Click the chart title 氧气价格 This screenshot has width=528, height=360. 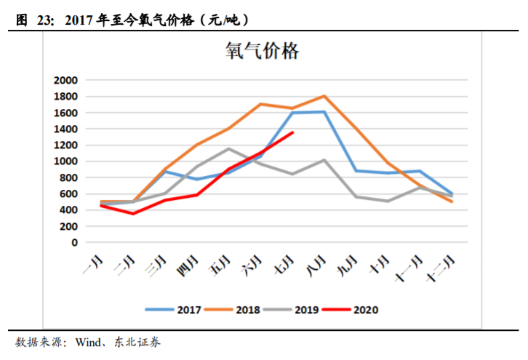tap(263, 52)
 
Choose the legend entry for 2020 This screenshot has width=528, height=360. tap(351, 309)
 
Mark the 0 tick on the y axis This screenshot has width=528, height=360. tap(74, 242)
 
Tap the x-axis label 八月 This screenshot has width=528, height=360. tap(316, 263)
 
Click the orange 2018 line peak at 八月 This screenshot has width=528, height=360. tap(324, 96)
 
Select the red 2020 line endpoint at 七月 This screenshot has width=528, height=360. tap(292, 132)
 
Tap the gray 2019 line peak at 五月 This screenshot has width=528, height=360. tap(228, 149)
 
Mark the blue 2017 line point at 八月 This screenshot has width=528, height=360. tap(324, 112)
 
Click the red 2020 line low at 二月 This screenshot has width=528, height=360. tap(133, 213)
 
